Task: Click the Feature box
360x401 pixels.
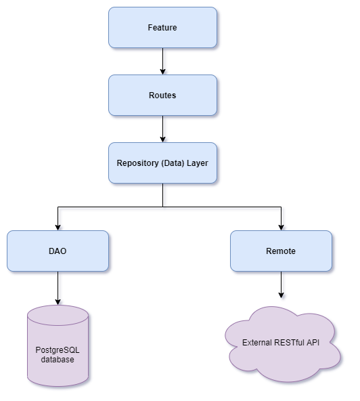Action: coord(162,28)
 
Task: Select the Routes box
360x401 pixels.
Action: coord(162,96)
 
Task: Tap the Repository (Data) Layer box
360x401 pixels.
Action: coord(162,163)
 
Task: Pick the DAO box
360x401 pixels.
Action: coord(58,251)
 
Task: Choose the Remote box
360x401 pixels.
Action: coord(281,251)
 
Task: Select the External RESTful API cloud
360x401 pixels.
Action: coord(281,343)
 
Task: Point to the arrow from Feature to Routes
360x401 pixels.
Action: coord(162,61)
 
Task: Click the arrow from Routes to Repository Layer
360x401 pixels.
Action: coord(162,129)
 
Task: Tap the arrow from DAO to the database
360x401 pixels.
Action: coord(58,288)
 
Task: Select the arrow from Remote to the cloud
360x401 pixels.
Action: coord(281,284)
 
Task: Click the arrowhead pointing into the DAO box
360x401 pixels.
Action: coord(58,227)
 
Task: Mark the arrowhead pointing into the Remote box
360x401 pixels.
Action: coord(281,227)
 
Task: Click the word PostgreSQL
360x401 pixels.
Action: coord(58,350)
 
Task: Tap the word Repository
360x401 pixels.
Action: coord(137,163)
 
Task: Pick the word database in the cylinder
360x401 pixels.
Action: coord(58,360)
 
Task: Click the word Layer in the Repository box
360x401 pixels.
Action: coord(197,163)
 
